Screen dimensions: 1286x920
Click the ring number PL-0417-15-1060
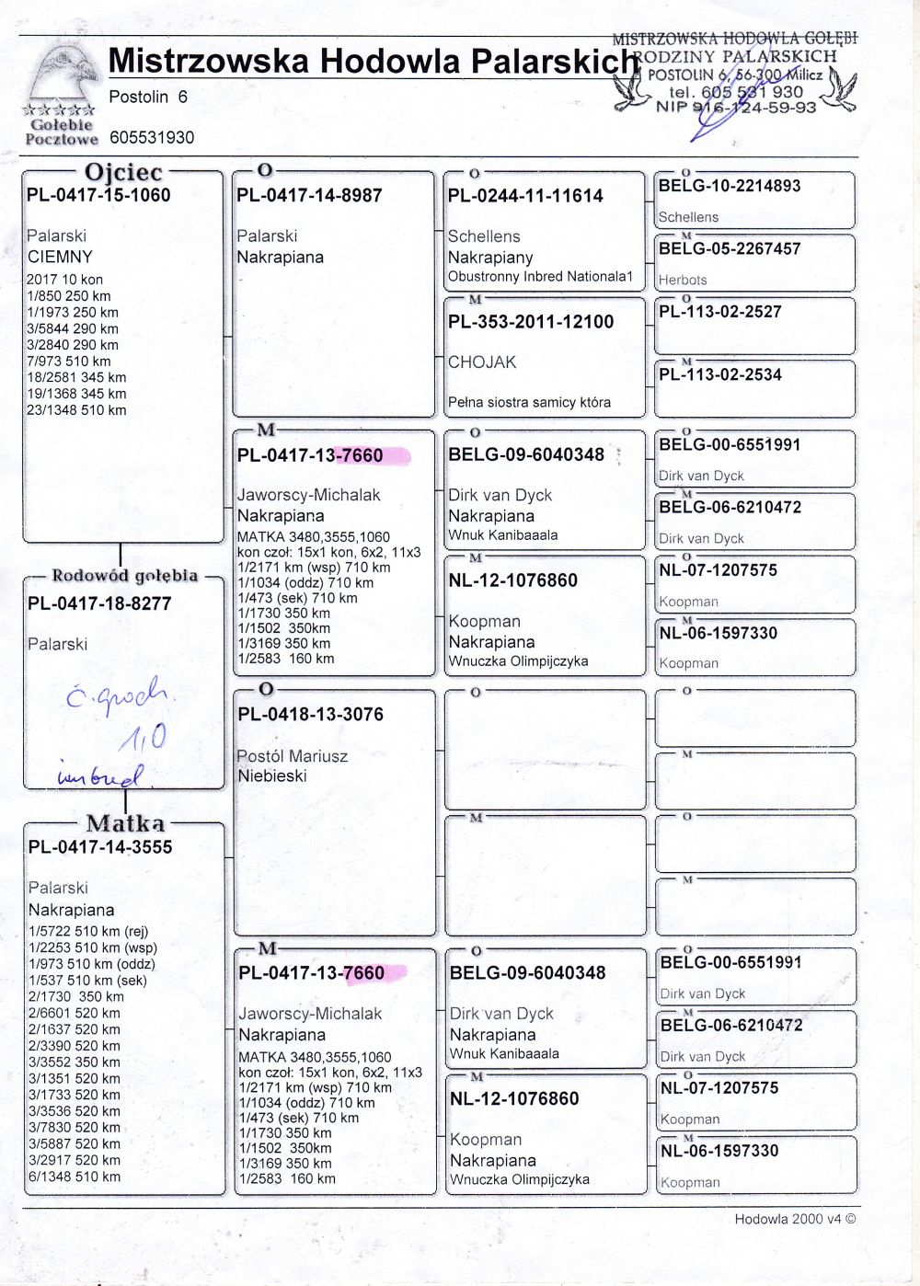(98, 195)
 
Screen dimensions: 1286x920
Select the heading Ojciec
(123, 172)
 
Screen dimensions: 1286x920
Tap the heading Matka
(125, 823)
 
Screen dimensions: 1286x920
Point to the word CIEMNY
(60, 257)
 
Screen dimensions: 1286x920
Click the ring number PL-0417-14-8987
(309, 195)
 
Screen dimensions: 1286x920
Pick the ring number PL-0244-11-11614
(525, 196)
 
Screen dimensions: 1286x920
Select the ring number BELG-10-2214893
(730, 186)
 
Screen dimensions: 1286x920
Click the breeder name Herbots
(683, 280)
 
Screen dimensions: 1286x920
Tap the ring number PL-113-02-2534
(720, 374)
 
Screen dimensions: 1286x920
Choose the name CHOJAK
(482, 362)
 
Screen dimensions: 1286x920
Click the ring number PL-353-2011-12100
(531, 322)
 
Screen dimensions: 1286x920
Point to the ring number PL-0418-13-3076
(310, 714)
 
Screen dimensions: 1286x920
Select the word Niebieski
(272, 775)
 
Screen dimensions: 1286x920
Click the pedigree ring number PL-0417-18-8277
(99, 603)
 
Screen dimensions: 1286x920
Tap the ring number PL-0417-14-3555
(100, 846)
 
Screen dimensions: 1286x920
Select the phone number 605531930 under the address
(152, 138)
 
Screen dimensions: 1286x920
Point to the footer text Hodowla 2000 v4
(795, 1219)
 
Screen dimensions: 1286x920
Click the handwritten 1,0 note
(143, 736)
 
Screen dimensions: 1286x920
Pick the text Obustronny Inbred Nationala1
(541, 276)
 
